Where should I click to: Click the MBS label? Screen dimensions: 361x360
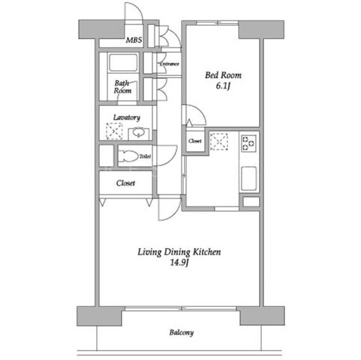pyautogui.click(x=134, y=40)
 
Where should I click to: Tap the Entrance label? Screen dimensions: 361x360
pyautogui.click(x=169, y=64)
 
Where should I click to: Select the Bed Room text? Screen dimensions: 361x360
pyautogui.click(x=223, y=75)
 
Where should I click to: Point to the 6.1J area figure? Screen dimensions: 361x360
pyautogui.click(x=223, y=86)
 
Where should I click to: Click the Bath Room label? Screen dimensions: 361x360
pyautogui.click(x=123, y=87)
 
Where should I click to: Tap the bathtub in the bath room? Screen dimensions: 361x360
pyautogui.click(x=123, y=63)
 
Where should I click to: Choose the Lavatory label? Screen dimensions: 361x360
pyautogui.click(x=126, y=118)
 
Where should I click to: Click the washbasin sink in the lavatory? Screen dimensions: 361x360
pyautogui.click(x=138, y=133)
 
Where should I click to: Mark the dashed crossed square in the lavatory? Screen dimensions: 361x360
pyautogui.click(x=114, y=131)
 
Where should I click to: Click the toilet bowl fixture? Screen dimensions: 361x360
pyautogui.click(x=128, y=156)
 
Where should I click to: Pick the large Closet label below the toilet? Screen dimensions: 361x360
pyautogui.click(x=125, y=183)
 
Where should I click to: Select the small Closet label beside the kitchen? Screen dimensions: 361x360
pyautogui.click(x=195, y=141)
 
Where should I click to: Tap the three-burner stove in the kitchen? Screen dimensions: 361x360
pyautogui.click(x=249, y=144)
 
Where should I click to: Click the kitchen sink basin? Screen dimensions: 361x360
pyautogui.click(x=249, y=179)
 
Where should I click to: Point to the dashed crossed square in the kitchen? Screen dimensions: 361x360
pyautogui.click(x=219, y=141)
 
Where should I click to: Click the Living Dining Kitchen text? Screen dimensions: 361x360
pyautogui.click(x=179, y=252)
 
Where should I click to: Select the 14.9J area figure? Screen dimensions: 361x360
pyautogui.click(x=179, y=263)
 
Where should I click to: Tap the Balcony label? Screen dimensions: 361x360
pyautogui.click(x=182, y=332)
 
